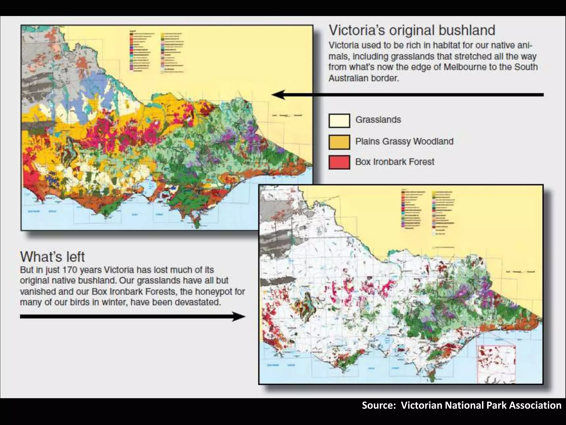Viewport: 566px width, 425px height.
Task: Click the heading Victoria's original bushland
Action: (412, 30)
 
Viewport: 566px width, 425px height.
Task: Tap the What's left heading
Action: (52, 256)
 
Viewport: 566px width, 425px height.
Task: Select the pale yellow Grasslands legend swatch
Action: (339, 121)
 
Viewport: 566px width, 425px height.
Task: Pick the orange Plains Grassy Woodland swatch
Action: (339, 142)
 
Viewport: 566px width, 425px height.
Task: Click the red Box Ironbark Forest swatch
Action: (339, 162)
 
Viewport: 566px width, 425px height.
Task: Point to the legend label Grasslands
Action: (378, 120)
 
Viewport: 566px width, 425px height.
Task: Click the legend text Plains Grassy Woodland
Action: (404, 141)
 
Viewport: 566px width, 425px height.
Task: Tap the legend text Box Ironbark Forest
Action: (395, 162)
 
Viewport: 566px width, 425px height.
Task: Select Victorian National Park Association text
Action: (481, 405)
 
